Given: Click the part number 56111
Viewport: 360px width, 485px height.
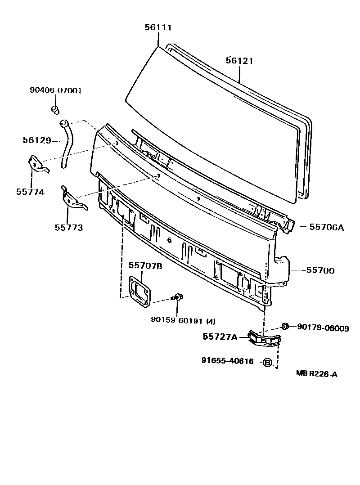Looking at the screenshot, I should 158,27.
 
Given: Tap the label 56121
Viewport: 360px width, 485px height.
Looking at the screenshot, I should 239,60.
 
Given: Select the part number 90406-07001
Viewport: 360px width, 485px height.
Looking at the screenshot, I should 55,90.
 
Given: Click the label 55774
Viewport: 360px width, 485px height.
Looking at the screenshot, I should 31,192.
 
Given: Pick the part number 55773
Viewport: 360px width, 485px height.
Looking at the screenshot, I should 69,228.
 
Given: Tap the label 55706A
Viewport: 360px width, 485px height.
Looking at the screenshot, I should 326,227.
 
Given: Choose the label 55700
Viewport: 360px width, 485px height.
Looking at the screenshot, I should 320,270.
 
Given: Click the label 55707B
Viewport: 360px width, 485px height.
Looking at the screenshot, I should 145,265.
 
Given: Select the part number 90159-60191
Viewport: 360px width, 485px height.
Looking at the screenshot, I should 177,321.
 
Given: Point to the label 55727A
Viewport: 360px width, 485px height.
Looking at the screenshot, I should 220,337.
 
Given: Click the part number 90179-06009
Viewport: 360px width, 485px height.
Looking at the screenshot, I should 323,328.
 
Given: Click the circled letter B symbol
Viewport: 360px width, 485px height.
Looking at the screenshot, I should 267,362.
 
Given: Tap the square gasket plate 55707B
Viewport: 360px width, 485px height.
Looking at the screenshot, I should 140,292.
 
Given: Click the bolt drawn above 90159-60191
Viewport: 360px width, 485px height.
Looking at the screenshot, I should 178,297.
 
